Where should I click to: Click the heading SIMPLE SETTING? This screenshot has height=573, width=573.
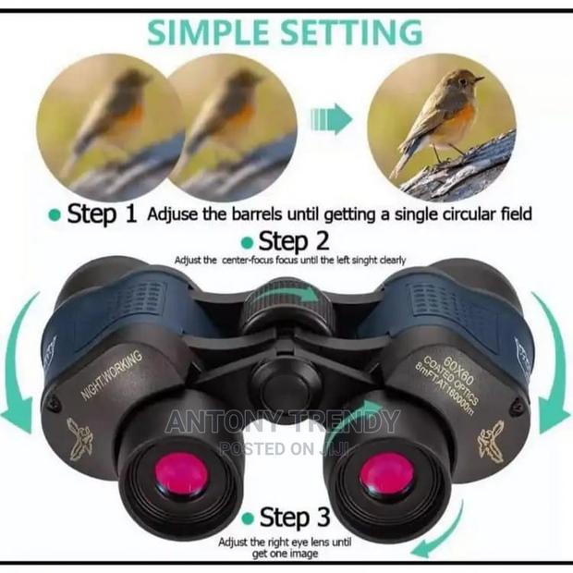pyautogui.click(x=287, y=31)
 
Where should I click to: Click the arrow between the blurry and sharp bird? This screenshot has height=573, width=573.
pyautogui.click(x=332, y=118)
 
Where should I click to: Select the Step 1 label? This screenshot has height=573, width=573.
pyautogui.click(x=102, y=214)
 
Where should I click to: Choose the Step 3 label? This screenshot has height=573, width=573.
pyautogui.click(x=297, y=517)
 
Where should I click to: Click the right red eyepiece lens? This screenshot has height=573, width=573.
pyautogui.click(x=384, y=475)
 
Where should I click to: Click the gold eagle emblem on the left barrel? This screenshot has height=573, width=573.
pyautogui.click(x=82, y=434)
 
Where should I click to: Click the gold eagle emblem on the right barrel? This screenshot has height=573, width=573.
pyautogui.click(x=490, y=440)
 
